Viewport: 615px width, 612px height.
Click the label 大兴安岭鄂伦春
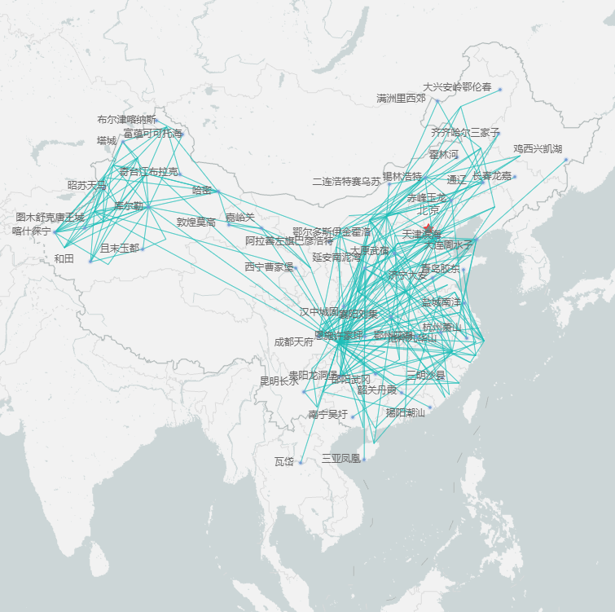[x=457, y=86]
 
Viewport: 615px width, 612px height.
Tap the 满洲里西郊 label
[x=401, y=99]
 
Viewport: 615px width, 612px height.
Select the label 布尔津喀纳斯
[x=126, y=120]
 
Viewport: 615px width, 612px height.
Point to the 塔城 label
[x=107, y=140]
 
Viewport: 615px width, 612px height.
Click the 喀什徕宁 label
[x=32, y=231]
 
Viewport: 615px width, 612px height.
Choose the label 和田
[x=64, y=259]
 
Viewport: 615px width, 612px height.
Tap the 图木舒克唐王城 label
[x=50, y=218]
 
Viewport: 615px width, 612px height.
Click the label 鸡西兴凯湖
[x=538, y=149]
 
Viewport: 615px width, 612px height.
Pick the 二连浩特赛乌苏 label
[x=346, y=181]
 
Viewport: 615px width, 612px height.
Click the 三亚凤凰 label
[x=340, y=459]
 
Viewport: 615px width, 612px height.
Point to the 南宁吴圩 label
[x=328, y=415]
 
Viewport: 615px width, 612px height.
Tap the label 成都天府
[x=293, y=342]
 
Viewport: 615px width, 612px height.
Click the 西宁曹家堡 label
[x=269, y=266]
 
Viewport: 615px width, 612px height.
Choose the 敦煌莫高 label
[x=196, y=222]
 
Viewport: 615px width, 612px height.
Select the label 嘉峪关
[x=240, y=218]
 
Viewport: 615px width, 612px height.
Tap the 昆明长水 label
[x=279, y=381]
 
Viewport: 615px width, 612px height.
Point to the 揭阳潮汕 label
[x=405, y=413]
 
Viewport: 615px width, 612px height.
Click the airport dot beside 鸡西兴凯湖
[x=565, y=159]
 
